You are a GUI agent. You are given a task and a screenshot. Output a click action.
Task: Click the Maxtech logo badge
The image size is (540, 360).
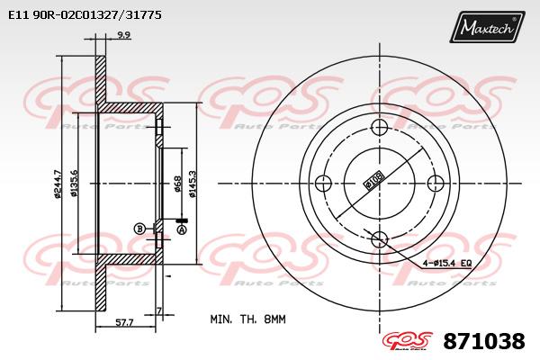tap(487, 27)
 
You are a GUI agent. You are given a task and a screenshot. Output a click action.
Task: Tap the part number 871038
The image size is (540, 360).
tap(484, 341)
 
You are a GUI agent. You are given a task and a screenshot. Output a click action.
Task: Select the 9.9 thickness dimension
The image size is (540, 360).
tap(123, 35)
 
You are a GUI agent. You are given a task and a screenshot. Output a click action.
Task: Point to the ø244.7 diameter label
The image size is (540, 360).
tap(58, 184)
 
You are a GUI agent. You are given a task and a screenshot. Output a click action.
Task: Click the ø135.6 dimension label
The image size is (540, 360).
tap(74, 184)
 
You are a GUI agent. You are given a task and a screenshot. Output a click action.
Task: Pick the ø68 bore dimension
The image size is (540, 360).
tap(177, 184)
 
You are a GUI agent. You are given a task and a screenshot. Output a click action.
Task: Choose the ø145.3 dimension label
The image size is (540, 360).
tap(193, 184)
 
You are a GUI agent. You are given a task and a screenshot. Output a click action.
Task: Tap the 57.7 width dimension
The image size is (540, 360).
tap(124, 323)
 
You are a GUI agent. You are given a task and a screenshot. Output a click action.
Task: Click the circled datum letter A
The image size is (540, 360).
tap(182, 229)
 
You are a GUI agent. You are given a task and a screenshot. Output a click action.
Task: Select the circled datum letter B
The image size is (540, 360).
tap(139, 229)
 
